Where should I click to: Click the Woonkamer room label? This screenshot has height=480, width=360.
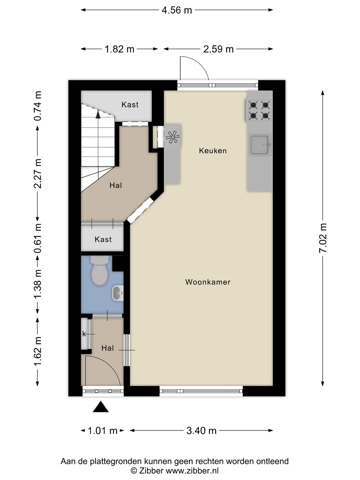click(x=208, y=282)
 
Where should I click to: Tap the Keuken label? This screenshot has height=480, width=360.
click(x=213, y=151)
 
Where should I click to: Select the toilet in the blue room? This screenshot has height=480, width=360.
click(x=100, y=271)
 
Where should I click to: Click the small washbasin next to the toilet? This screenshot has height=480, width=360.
click(x=118, y=293)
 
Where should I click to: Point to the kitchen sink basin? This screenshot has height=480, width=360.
click(x=259, y=145)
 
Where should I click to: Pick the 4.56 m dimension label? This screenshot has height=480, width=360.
click(x=177, y=10)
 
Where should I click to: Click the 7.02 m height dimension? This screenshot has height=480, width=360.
click(x=323, y=238)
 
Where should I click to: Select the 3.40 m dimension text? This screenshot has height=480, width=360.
click(x=201, y=431)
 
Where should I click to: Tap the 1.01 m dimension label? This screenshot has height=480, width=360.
click(x=103, y=431)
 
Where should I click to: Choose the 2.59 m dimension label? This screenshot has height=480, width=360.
click(x=218, y=49)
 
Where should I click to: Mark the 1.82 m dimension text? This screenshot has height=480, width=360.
click(x=120, y=49)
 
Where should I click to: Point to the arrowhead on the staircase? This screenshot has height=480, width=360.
click(x=98, y=114)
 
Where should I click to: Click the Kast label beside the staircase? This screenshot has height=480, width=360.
click(x=130, y=105)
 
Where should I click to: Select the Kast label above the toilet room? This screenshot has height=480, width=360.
click(x=103, y=239)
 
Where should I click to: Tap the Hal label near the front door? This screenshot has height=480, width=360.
click(x=108, y=348)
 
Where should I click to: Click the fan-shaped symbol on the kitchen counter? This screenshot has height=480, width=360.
click(x=172, y=137)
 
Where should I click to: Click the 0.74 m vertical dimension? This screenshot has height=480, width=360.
click(x=38, y=106)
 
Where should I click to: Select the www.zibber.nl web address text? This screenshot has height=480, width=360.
click(x=192, y=470)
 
